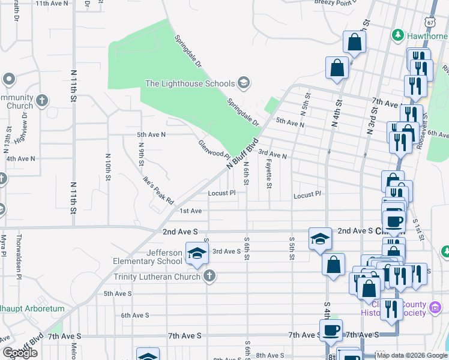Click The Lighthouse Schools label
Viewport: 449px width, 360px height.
[x=190, y=83]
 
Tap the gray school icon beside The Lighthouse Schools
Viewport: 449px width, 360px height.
[x=243, y=82]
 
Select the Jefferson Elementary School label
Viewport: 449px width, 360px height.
[x=148, y=256]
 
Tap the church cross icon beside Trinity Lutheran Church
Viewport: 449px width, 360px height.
[x=209, y=276]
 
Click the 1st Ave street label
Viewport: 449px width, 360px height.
[x=191, y=211]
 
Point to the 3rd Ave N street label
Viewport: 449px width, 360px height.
[x=273, y=154]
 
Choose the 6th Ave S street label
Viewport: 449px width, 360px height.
[x=134, y=315]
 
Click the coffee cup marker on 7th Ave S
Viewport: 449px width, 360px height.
[x=330, y=329]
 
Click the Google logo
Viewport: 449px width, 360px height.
[x=20, y=353]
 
